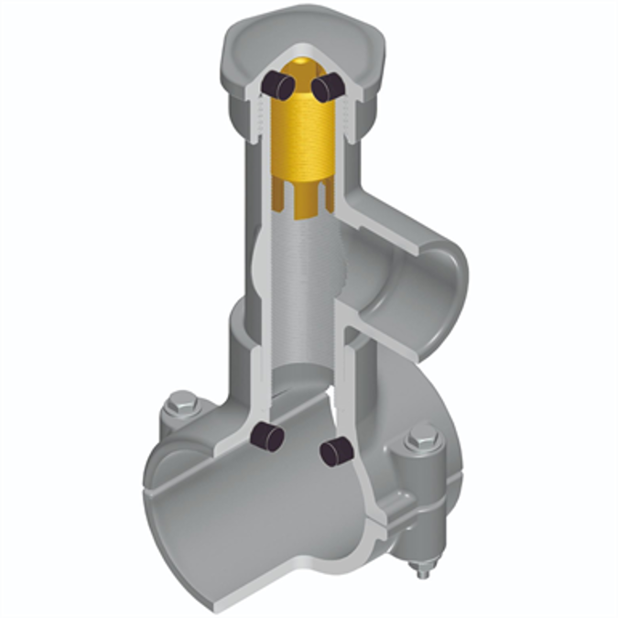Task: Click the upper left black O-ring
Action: [x=277, y=85]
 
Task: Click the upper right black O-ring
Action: [x=326, y=87]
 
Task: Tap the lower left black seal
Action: [x=266, y=437]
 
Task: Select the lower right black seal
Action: [x=336, y=450]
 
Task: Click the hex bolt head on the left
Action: [x=183, y=403]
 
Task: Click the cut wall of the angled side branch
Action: [x=403, y=224]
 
